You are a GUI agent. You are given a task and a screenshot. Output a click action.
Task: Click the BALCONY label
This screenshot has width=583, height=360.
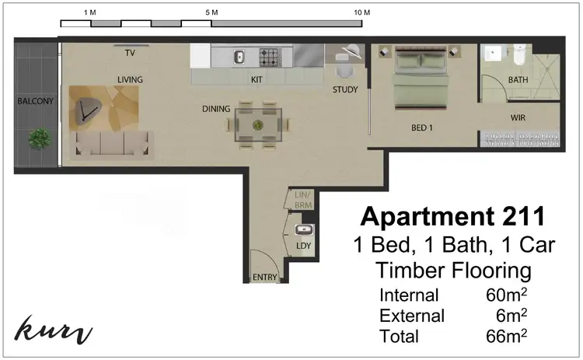37,101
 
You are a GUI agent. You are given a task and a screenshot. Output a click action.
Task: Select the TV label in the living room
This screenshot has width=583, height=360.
131,54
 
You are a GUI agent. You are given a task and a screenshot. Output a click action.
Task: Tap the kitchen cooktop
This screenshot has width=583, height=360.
270,57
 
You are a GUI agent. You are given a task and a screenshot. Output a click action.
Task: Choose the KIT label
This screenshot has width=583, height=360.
257,79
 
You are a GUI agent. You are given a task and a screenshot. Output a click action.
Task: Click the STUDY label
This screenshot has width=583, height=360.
345,89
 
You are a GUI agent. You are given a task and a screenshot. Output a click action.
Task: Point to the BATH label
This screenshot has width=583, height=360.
518,79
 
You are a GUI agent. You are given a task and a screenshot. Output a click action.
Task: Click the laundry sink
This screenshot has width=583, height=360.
304,230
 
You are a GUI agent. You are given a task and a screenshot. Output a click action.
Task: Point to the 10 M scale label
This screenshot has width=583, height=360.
361,14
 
